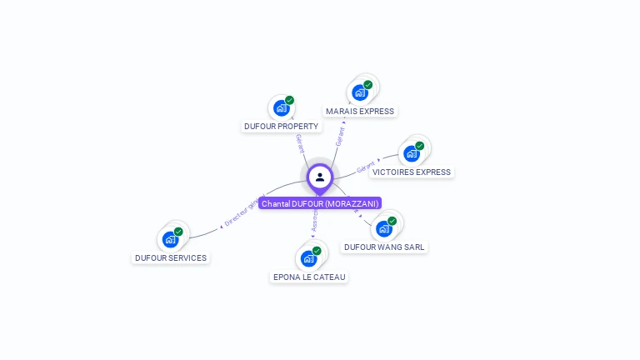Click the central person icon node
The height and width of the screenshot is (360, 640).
[x=320, y=177]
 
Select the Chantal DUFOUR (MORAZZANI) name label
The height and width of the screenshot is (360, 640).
[x=320, y=203]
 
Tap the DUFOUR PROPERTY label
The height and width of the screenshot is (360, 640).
[x=281, y=127]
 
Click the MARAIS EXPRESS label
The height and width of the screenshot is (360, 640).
[x=360, y=112]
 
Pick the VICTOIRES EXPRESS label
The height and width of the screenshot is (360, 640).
[x=412, y=172]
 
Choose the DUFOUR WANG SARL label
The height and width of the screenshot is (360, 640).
[x=384, y=247]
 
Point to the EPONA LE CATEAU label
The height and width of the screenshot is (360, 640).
[x=309, y=277]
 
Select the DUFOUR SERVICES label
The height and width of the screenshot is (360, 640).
[x=171, y=258]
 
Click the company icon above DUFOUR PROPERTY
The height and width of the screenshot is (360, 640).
[x=282, y=108]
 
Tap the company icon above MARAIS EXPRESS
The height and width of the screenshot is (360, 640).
[x=360, y=92]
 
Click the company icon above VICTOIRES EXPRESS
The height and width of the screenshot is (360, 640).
[x=412, y=153]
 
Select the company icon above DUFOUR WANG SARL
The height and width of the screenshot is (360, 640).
[x=384, y=228]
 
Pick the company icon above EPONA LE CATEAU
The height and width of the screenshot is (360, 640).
[x=309, y=258]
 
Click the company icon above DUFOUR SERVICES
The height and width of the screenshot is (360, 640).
[x=171, y=239]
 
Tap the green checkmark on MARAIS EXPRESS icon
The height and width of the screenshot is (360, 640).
[x=367, y=85]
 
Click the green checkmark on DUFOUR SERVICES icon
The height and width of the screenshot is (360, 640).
[x=178, y=232]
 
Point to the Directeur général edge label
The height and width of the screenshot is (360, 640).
[x=244, y=209]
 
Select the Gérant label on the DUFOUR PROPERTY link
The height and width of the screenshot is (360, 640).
[x=300, y=142]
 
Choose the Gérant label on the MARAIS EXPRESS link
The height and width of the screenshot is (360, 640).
[x=340, y=136]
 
